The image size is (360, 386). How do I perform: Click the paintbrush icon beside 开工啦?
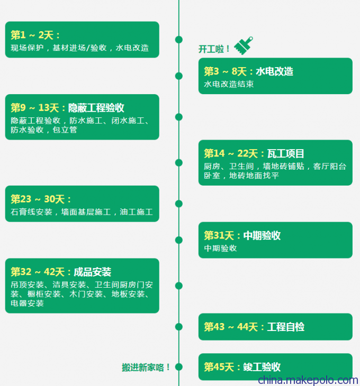[x=244, y=45]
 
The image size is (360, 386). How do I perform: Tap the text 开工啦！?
[x=214, y=49]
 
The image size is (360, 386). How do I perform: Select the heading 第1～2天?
[x=35, y=35]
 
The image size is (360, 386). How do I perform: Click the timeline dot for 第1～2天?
[x=179, y=39]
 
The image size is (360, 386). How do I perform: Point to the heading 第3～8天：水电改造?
[x=249, y=71]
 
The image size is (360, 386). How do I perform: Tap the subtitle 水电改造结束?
[x=229, y=84]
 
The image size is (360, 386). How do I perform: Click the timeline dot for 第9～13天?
[x=179, y=117]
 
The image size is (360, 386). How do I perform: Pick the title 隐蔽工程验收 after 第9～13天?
[x=96, y=108]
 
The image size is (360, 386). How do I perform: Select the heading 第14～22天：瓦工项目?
[x=254, y=154]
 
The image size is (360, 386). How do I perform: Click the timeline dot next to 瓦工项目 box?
[x=179, y=162]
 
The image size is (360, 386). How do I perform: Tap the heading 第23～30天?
[x=41, y=199]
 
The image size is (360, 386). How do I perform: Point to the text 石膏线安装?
[x=31, y=212]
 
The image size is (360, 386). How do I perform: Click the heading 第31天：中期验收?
[x=242, y=236]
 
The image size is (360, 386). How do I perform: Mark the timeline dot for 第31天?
[x=179, y=240]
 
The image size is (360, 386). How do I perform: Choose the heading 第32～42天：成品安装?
[x=61, y=272]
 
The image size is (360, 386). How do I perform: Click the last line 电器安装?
[x=27, y=303]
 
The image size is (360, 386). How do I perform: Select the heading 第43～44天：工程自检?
[x=254, y=327]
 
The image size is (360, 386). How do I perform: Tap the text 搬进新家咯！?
[x=146, y=367]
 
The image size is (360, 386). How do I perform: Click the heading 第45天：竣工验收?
[x=242, y=367]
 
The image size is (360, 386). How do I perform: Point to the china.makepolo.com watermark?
[x=308, y=380]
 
